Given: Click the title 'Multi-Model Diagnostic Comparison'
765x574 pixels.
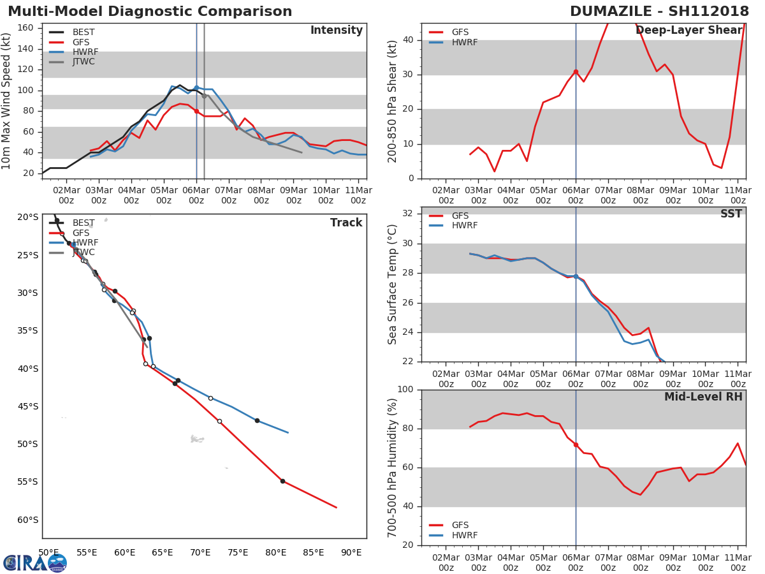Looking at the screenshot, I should [150, 11].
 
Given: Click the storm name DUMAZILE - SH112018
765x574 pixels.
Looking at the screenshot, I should [659, 11].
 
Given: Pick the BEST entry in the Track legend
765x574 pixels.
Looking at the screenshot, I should [83, 223].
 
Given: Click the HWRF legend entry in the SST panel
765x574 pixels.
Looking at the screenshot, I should [464, 226].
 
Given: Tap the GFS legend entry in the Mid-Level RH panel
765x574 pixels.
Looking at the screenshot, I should [460, 526].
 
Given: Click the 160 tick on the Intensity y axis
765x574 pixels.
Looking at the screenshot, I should [25, 28].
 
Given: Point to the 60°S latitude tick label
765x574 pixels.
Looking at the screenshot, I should [27, 520].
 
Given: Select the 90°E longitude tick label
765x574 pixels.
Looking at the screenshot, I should [351, 552].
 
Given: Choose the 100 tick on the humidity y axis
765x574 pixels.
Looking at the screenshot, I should [405, 390].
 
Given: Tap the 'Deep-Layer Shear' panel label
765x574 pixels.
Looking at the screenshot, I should [688, 31].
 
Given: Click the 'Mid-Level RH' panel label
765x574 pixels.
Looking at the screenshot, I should [703, 397].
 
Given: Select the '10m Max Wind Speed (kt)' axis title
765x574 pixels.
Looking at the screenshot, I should [7, 101].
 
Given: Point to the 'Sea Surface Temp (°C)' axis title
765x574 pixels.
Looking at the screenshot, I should [393, 284].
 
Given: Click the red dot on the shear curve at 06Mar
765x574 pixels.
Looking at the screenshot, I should [576, 71].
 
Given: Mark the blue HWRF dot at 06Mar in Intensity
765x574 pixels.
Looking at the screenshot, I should [196, 87].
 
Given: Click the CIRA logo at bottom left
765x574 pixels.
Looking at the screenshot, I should [35, 563].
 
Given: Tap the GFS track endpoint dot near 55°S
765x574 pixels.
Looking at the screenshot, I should [282, 481].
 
